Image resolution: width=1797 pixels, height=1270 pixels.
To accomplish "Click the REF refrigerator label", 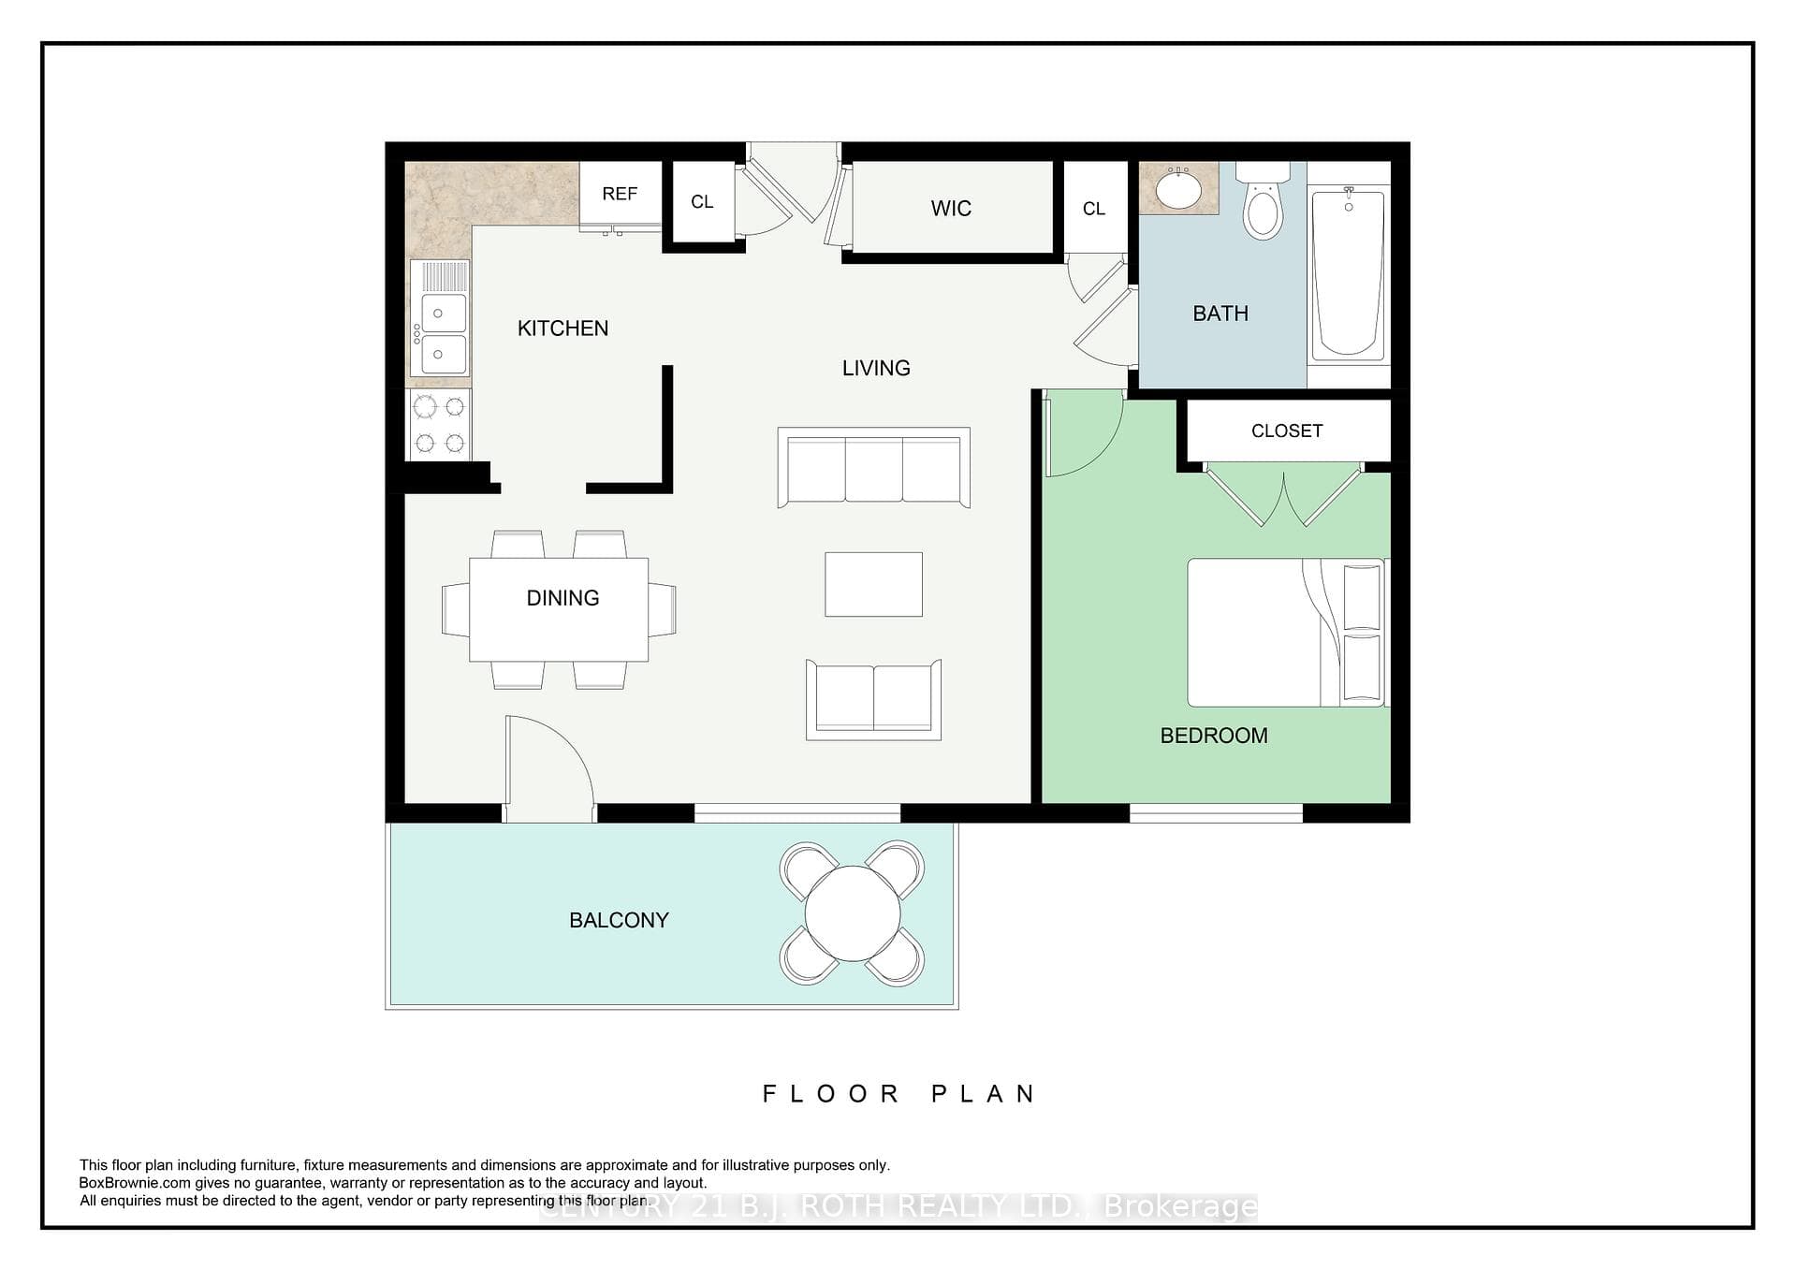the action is [620, 194].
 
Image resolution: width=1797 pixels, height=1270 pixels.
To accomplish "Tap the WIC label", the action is [951, 209].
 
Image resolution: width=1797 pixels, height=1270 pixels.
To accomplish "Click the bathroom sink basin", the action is [1179, 191].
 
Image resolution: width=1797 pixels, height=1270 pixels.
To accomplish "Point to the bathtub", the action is [1348, 273].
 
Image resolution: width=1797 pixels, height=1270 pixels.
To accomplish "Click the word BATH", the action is [1220, 314].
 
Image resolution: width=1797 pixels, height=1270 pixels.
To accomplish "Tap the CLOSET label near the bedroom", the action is [1287, 431].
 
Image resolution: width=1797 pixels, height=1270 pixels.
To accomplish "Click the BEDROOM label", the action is [1214, 736].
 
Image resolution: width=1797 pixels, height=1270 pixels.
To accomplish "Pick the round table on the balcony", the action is [853, 912].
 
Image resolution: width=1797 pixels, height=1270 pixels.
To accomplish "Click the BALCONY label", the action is [619, 920].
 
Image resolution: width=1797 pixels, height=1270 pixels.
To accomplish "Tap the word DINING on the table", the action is [562, 598].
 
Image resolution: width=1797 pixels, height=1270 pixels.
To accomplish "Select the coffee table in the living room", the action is [873, 584].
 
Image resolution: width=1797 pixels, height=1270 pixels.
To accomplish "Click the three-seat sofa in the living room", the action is [873, 467].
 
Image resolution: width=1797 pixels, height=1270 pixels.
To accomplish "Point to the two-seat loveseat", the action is [873, 700].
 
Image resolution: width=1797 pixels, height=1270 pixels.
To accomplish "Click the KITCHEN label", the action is [562, 328].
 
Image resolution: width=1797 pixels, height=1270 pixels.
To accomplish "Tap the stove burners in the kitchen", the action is [439, 424].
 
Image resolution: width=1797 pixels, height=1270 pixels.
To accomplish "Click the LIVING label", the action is [876, 368].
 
